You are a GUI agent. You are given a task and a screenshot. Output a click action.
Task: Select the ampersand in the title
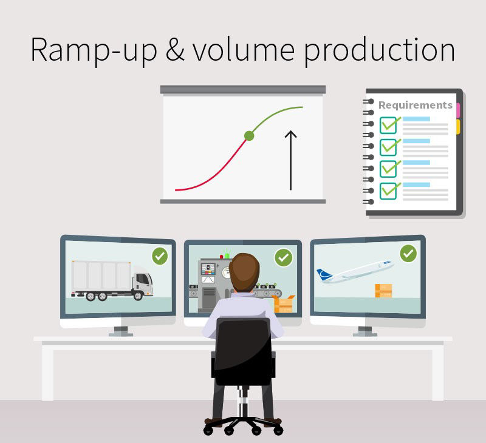(x=174, y=50)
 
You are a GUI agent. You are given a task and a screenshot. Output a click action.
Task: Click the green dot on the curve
(x=248, y=135)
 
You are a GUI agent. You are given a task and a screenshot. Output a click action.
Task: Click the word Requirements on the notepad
(x=415, y=105)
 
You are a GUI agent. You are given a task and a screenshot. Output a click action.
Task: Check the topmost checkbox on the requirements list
(x=388, y=125)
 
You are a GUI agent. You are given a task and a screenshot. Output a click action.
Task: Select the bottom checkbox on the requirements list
(x=388, y=191)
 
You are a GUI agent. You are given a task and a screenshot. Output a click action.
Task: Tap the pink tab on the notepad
(x=458, y=110)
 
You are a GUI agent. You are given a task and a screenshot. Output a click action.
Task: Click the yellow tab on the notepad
(x=458, y=126)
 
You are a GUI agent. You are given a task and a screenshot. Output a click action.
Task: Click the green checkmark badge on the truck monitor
(x=160, y=256)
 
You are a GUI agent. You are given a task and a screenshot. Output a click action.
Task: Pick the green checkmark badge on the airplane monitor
(x=408, y=253)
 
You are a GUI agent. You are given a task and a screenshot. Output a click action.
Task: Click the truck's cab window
(x=143, y=279)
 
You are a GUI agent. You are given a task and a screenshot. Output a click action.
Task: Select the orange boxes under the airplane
(x=383, y=290)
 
